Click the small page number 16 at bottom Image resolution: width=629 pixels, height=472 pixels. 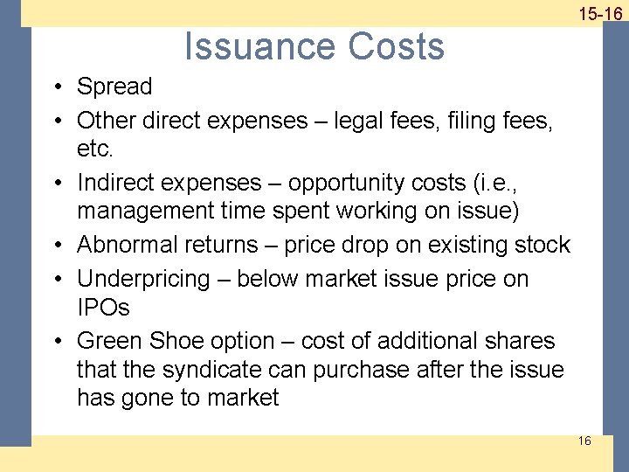pyautogui.click(x=584, y=441)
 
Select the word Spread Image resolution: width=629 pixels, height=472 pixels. pyautogui.click(x=114, y=87)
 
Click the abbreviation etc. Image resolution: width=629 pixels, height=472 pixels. pyautogui.click(x=95, y=149)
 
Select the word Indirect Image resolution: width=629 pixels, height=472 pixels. pyautogui.click(x=120, y=183)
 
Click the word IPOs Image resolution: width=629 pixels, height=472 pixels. pyautogui.click(x=103, y=309)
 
